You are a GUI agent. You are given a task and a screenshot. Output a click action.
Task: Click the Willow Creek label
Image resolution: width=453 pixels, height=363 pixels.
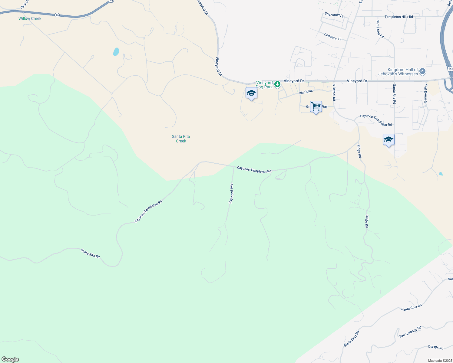tap(30, 18)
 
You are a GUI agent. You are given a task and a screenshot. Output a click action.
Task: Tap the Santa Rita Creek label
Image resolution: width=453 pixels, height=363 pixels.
tap(181, 139)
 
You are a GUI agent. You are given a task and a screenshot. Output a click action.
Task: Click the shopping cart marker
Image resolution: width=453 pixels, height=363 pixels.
tap(316, 106)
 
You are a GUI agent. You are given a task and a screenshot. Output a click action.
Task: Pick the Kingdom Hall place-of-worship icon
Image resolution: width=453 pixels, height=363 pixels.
tap(423, 72)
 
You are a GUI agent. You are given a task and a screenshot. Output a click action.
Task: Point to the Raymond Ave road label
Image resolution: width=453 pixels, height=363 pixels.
tap(231, 193)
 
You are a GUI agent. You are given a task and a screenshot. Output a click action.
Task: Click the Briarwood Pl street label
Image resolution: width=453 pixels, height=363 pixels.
tap(334, 15)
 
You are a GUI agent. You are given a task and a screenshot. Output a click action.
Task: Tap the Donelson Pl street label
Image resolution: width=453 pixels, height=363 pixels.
tap(332, 37)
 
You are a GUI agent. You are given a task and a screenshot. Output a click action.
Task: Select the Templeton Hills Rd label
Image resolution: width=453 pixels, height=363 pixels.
tap(398, 17)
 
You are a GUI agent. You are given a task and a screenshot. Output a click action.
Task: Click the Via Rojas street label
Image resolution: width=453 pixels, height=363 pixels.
tap(306, 92)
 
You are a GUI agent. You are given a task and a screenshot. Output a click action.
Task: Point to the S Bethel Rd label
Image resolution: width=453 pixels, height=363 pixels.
tap(334, 92)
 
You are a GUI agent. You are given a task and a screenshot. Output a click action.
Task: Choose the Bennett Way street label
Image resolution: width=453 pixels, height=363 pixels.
tap(425, 93)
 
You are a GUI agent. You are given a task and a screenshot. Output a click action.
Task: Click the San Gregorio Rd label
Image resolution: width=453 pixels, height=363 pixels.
tap(410, 332)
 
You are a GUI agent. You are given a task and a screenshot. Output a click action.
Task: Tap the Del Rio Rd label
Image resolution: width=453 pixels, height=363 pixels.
tap(436, 347)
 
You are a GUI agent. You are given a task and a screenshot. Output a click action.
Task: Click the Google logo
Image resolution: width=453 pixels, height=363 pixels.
tap(10, 359)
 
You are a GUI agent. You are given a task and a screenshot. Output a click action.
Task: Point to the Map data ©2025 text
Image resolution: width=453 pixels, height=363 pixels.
tap(440, 361)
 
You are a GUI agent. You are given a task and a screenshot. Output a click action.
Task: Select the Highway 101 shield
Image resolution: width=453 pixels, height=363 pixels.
tap(450, 69)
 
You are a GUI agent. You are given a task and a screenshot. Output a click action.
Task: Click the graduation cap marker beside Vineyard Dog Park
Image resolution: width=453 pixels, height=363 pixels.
tap(251, 93)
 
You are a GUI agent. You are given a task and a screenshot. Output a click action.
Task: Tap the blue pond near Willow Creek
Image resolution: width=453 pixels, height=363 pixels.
tap(116, 52)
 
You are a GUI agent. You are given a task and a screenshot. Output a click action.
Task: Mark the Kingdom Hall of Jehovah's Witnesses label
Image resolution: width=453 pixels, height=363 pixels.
tap(398, 72)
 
